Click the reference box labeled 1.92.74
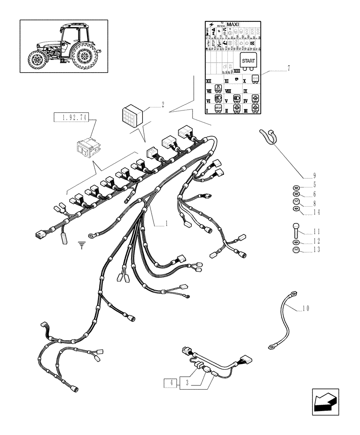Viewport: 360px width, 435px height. click(x=70, y=117)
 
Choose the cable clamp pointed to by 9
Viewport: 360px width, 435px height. click(x=267, y=136)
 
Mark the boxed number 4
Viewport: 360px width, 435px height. click(x=172, y=383)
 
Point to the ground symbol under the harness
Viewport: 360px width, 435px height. click(x=81, y=246)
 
